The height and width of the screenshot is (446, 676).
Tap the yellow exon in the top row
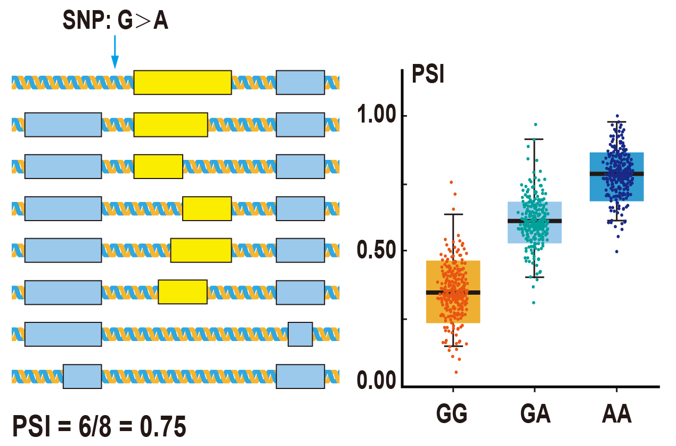182,82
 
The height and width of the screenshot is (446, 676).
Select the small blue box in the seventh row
300,334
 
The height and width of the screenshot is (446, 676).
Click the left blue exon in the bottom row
82,376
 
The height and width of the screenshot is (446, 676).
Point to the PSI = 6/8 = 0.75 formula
99,427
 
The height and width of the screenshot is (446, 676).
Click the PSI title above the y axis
428,75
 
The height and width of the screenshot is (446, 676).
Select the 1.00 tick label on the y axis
378,116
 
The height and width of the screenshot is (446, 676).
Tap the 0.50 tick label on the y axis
378,250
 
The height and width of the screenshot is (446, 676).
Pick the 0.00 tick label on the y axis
378,382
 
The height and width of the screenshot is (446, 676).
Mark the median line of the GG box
453,292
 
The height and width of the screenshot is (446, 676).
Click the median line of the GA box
534,221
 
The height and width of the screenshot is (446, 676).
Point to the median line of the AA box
616,174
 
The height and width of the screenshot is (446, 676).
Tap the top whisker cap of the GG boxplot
453,214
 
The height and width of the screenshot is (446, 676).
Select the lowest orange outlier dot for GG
457,372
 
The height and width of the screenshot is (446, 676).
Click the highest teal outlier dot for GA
535,125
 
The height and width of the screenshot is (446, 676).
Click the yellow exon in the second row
170,124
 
